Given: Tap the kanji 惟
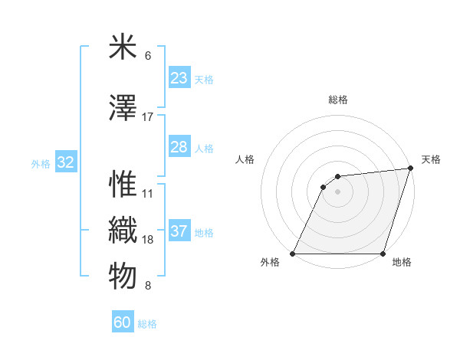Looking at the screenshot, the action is (x=123, y=184).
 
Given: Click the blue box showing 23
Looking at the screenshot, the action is (x=179, y=78).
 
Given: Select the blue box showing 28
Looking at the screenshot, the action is (x=179, y=147).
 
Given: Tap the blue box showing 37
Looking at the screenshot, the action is (x=179, y=231).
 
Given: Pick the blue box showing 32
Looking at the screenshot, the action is (x=65, y=162).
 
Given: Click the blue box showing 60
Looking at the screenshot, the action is (x=123, y=322).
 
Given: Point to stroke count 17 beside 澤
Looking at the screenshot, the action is (x=148, y=117).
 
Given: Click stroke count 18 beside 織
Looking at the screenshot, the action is (x=148, y=240).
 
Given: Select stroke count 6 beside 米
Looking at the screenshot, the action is (x=148, y=56).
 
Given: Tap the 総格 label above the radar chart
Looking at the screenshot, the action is (x=338, y=100).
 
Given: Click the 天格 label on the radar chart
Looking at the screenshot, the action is (x=431, y=159).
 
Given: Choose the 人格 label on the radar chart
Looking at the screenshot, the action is (x=245, y=159).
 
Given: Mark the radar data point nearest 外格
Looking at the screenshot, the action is (x=293, y=254).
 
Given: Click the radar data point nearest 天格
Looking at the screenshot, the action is (x=410, y=169).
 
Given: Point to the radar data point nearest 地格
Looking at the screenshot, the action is (x=383, y=254).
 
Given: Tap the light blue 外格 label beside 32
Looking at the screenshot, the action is (x=41, y=163).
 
